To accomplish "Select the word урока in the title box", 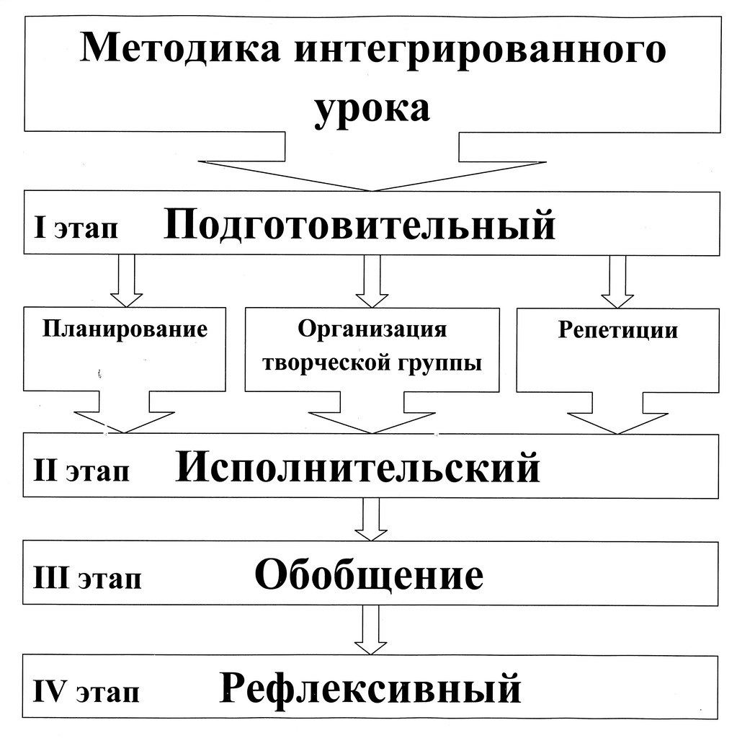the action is (x=372, y=110).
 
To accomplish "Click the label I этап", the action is (x=76, y=228).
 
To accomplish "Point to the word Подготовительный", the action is (x=359, y=226).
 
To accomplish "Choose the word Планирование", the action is (x=125, y=329).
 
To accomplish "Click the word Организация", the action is (x=372, y=329).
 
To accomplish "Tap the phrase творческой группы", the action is (x=372, y=363).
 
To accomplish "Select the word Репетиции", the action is (x=618, y=330).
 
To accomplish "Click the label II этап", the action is (x=81, y=470).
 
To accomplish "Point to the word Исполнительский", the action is (x=357, y=467).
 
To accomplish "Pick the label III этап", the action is (x=87, y=577).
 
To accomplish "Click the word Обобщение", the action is (x=369, y=574).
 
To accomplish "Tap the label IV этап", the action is (x=86, y=692).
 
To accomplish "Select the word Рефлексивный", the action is (x=370, y=688).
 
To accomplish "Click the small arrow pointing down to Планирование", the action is (x=127, y=281).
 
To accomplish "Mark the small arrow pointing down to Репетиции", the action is (x=617, y=282).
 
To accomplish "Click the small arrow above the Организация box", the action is (x=372, y=282).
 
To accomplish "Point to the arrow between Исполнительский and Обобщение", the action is (x=371, y=520).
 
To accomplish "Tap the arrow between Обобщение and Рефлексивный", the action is (x=370, y=630).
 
